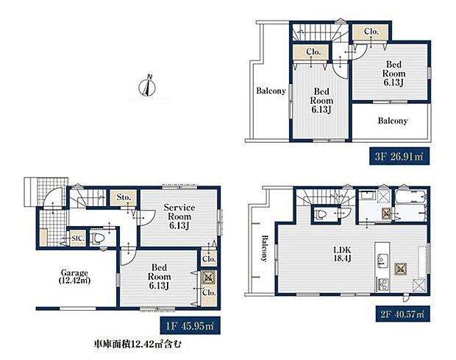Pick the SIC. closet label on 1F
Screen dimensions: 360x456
[77, 239]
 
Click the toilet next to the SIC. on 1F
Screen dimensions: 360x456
[101, 239]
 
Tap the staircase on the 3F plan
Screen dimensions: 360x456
[315, 33]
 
